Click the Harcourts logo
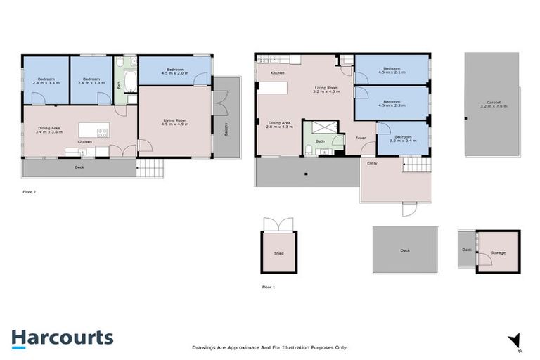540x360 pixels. click(62, 337)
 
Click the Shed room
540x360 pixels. click(279, 252)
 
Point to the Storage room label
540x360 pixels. click(498, 252)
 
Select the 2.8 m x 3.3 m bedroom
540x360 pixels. click(46, 81)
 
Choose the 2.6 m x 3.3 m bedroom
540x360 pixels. click(91, 81)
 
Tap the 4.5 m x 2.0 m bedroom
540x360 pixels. click(174, 71)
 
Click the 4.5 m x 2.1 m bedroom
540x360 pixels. click(392, 70)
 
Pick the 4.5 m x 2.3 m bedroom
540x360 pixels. click(392, 103)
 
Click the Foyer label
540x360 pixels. click(361, 138)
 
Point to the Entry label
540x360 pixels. click(372, 163)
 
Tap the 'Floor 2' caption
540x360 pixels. click(30, 191)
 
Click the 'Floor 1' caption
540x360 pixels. click(268, 287)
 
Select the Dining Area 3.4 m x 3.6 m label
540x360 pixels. click(49, 130)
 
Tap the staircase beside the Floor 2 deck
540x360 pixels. click(150, 168)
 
